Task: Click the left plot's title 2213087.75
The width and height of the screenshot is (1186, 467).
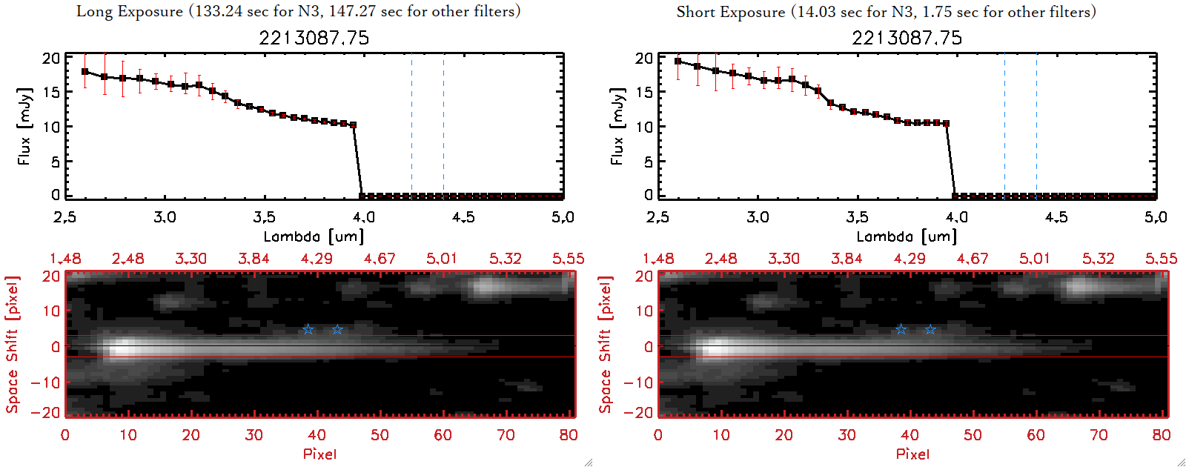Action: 314,38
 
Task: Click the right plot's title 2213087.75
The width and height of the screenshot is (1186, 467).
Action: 907,38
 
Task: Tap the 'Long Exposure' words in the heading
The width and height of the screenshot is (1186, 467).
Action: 130,11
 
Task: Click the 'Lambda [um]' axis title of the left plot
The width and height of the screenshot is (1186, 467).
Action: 314,236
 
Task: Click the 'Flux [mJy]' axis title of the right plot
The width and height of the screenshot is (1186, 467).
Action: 617,126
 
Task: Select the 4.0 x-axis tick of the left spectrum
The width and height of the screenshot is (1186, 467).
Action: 363,217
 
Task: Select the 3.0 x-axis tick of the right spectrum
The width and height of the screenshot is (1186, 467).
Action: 758,217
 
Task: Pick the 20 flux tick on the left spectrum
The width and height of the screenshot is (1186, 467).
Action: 51,58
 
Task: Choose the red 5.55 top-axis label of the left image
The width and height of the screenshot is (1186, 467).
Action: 568,259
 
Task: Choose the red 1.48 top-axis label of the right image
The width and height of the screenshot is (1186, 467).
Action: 658,259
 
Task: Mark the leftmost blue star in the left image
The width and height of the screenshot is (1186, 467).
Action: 308,329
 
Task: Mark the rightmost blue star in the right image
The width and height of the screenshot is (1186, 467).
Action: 930,329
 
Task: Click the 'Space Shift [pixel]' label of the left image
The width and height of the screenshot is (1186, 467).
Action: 12,345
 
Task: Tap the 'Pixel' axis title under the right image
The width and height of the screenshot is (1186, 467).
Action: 912,454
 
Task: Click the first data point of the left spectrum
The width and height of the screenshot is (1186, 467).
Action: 85,72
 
